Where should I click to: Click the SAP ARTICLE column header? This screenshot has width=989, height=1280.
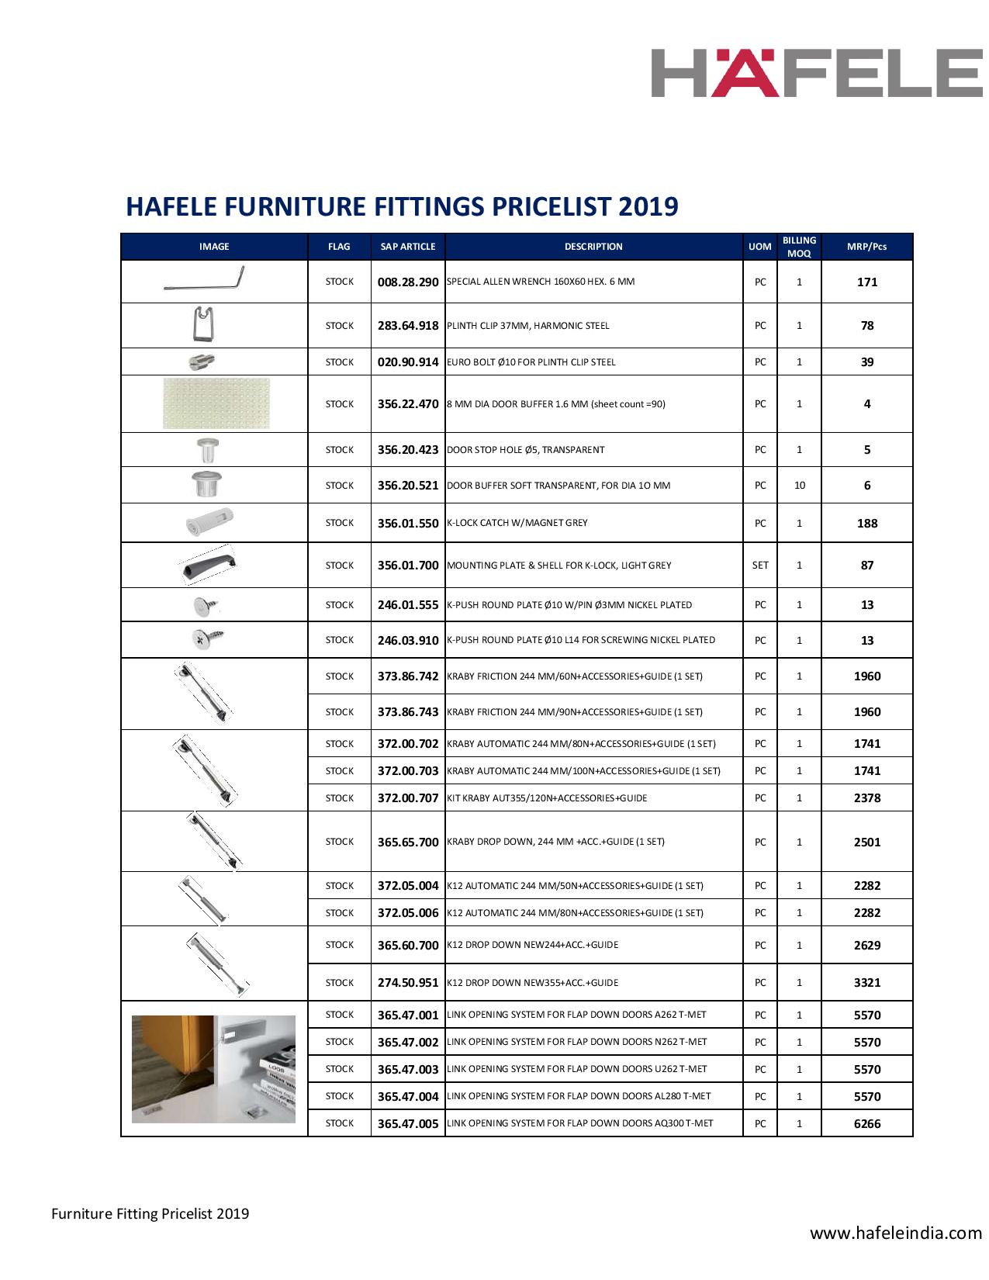(x=408, y=247)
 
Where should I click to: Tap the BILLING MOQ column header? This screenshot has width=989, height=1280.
(x=799, y=247)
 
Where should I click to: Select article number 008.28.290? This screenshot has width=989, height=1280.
(x=408, y=282)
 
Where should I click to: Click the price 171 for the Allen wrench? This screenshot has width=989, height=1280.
(x=866, y=282)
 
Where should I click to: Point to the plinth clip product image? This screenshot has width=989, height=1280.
(x=203, y=324)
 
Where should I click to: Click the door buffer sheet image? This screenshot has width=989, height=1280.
(x=216, y=403)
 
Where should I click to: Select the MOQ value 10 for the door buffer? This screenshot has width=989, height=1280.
(x=799, y=486)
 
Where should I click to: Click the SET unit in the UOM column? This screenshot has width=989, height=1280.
(x=760, y=566)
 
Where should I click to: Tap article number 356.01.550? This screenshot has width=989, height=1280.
(x=408, y=524)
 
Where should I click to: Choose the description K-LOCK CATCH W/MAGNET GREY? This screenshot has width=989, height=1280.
(x=517, y=523)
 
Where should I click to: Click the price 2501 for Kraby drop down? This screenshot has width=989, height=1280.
(x=866, y=842)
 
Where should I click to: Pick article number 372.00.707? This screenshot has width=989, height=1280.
(x=408, y=798)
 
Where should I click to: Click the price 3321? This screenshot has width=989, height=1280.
(x=866, y=983)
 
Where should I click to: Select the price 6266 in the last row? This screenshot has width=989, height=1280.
(x=866, y=1124)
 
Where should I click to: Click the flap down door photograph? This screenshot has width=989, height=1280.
(x=214, y=1069)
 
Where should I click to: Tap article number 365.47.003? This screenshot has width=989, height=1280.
(x=408, y=1070)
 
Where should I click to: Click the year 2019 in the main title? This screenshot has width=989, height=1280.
(x=648, y=206)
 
